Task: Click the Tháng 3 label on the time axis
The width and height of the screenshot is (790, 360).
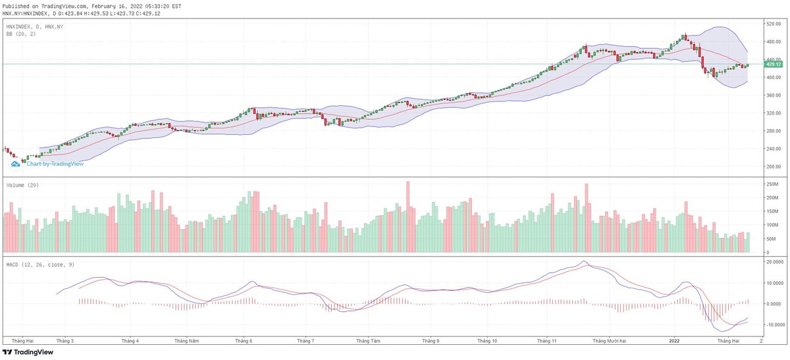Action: (x=65, y=341)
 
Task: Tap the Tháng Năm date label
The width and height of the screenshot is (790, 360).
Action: (x=186, y=341)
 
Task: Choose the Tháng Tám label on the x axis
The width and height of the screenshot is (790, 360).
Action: (x=367, y=341)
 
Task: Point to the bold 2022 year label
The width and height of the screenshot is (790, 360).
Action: (x=674, y=341)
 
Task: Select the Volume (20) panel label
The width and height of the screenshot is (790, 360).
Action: (x=22, y=186)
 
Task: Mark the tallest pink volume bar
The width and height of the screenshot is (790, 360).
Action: (x=408, y=217)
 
